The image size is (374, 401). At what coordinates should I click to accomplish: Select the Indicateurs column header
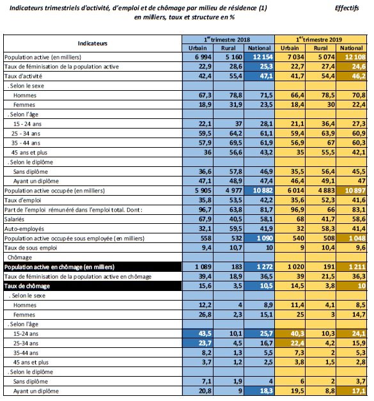(92, 43)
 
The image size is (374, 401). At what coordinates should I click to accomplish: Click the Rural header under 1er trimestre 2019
(322, 48)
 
